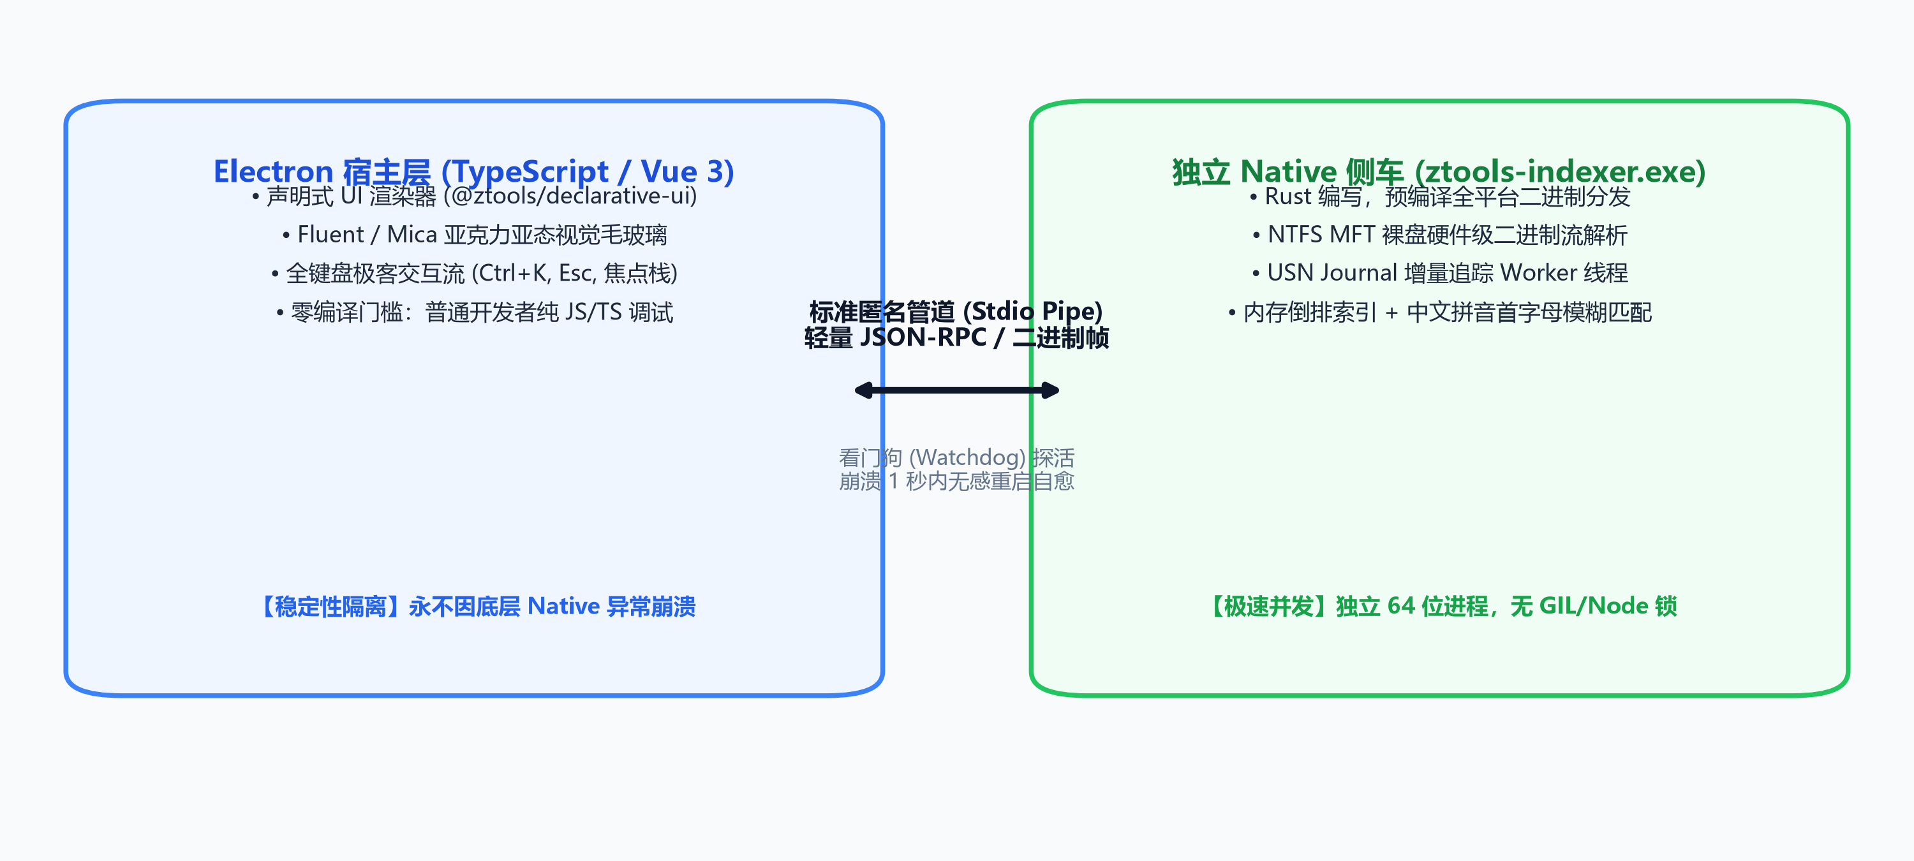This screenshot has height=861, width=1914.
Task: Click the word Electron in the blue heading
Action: pyautogui.click(x=272, y=172)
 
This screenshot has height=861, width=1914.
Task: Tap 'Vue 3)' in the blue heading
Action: pyautogui.click(x=687, y=172)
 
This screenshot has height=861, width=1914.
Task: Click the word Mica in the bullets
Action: pyautogui.click(x=412, y=235)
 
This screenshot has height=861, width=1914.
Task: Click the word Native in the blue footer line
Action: pyautogui.click(x=563, y=606)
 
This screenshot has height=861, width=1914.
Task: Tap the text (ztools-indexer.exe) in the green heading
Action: pyautogui.click(x=1561, y=172)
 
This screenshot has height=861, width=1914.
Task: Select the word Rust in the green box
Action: pyautogui.click(x=1287, y=196)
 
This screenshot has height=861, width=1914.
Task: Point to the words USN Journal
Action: pyautogui.click(x=1332, y=274)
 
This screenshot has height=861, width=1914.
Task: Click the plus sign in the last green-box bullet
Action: pyautogui.click(x=1391, y=313)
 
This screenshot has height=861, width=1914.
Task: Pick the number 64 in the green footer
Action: pyautogui.click(x=1400, y=606)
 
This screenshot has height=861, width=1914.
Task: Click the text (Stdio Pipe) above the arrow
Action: pyautogui.click(x=1033, y=311)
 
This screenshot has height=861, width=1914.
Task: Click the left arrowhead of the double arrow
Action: pyautogui.click(x=864, y=391)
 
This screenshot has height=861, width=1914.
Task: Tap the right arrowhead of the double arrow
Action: pyautogui.click(x=1050, y=391)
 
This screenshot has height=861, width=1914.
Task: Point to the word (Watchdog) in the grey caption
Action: pyautogui.click(x=967, y=458)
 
